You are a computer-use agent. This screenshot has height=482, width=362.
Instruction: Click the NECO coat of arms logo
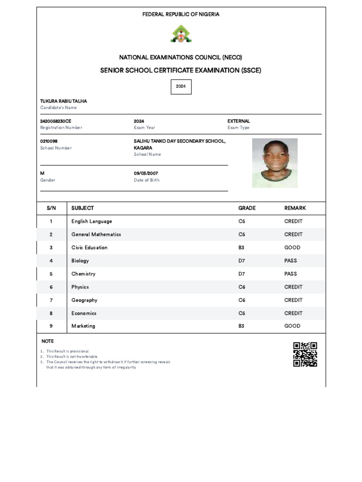[181, 34]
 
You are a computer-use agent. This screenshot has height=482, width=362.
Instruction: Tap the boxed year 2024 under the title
[181, 87]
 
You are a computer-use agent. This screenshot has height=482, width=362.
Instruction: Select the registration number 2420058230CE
[56, 121]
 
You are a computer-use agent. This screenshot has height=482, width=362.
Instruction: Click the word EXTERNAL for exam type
[239, 121]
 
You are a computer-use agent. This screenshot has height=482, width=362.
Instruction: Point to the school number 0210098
[49, 141]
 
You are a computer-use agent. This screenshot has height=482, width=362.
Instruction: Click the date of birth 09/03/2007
[146, 173]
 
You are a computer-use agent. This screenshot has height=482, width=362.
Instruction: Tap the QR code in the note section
[305, 354]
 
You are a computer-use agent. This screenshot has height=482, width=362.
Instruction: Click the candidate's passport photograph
[275, 163]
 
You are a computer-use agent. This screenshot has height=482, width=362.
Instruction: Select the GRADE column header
[247, 208]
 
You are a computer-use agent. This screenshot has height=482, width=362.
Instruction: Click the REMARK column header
[295, 208]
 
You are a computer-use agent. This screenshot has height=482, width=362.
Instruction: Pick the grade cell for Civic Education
[242, 248]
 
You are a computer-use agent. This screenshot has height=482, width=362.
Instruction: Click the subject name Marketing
[83, 326]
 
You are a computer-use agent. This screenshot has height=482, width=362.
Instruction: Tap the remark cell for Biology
[291, 261]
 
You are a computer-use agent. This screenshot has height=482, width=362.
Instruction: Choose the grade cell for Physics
[242, 287]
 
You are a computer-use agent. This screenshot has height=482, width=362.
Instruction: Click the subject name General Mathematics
[96, 234]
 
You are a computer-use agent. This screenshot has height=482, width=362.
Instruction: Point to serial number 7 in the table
[51, 300]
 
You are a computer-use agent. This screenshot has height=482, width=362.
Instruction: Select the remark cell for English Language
[293, 221]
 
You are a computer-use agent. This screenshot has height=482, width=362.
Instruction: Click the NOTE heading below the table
[48, 341]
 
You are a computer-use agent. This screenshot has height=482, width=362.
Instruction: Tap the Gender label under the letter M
[48, 180]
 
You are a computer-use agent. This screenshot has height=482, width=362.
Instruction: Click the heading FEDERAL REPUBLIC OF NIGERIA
[181, 15]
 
